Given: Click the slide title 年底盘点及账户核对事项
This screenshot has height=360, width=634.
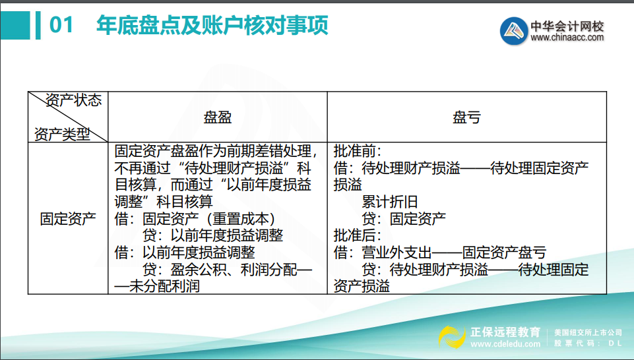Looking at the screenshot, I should (x=212, y=25).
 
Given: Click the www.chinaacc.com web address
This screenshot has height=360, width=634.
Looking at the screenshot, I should (x=567, y=38).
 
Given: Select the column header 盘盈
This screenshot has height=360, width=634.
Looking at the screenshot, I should (x=218, y=117).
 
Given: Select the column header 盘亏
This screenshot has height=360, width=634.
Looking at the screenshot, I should (x=466, y=117).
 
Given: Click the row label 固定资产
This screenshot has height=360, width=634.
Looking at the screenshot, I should (x=67, y=218).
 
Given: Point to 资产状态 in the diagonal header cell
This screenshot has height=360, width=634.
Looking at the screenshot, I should (x=74, y=100).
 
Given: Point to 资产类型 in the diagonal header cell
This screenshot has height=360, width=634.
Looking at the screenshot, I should (x=61, y=134).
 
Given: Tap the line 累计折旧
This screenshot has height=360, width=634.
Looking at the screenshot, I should (x=390, y=202).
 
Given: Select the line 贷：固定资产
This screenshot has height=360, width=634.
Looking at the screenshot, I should (x=404, y=218).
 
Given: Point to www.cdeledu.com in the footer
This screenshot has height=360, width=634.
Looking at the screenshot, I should (x=506, y=344).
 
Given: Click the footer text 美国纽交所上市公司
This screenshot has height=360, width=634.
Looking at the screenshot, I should (x=588, y=332).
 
